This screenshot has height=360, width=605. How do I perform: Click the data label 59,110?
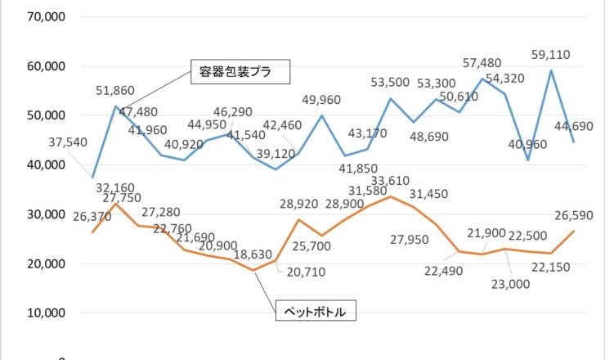(x=549, y=55)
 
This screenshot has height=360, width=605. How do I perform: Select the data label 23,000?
(x=510, y=284)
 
